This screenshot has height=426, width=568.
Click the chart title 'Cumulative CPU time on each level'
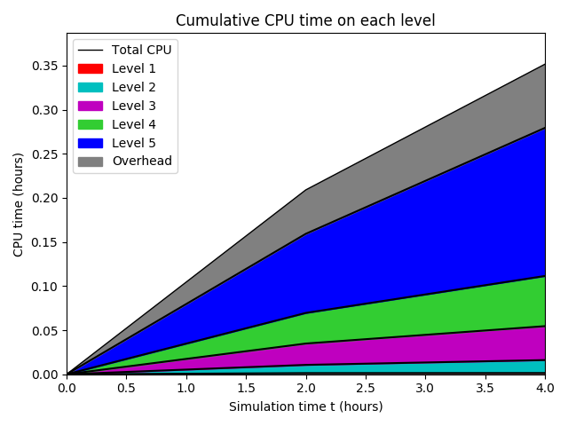pos(305,20)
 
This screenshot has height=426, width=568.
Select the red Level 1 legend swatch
pos(90,68)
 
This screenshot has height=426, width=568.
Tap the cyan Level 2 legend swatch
pos(90,87)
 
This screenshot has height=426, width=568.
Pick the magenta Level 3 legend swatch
pos(90,106)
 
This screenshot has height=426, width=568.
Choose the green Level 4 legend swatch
pos(90,124)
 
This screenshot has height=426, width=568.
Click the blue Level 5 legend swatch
pos(90,143)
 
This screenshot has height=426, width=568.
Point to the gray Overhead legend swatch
pos(90,162)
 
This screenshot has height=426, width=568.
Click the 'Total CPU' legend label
pos(141,50)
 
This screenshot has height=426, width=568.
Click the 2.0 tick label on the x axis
pos(305,388)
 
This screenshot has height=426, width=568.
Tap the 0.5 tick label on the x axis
pos(126,388)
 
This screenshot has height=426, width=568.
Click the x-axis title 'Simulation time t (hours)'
pos(305,406)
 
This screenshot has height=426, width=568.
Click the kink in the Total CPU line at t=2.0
pos(305,190)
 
